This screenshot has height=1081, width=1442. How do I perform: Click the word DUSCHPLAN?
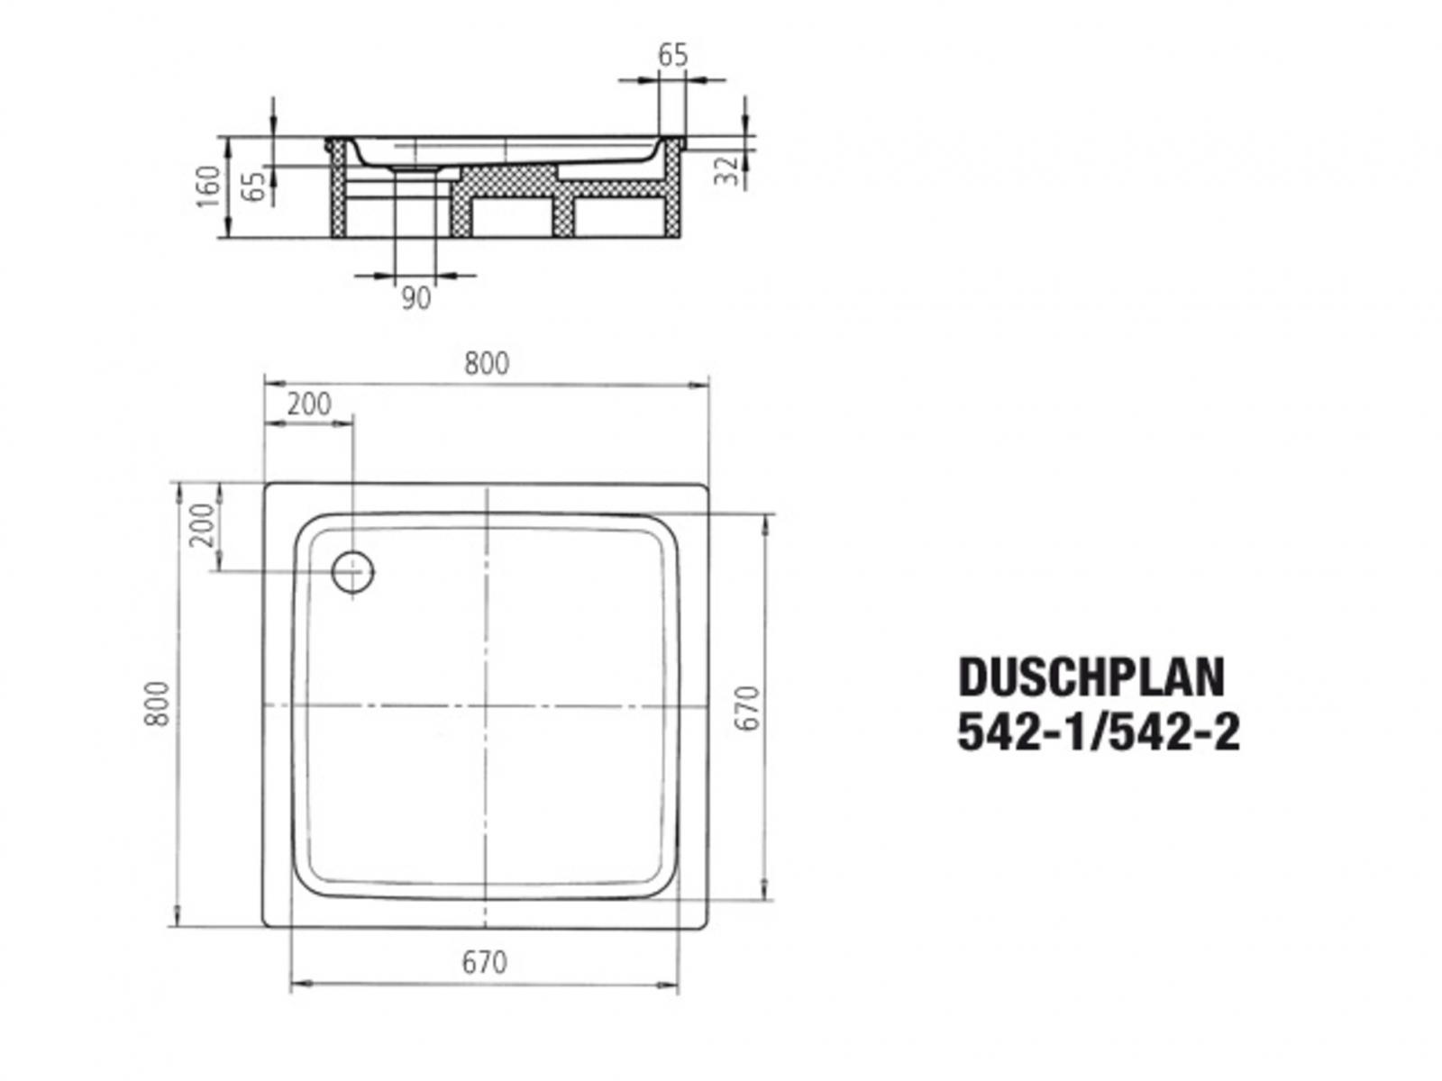pyautogui.click(x=1091, y=677)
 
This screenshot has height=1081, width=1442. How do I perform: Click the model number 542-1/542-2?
pyautogui.click(x=1098, y=732)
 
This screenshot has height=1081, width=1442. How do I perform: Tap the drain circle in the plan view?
pyautogui.click(x=351, y=571)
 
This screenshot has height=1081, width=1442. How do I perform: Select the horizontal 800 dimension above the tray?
pyautogui.click(x=487, y=363)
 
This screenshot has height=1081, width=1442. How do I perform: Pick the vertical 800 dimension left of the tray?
pyautogui.click(x=158, y=704)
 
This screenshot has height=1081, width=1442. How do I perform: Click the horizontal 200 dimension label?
pyautogui.click(x=308, y=404)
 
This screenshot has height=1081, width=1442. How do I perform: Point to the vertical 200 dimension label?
pyautogui.click(x=204, y=525)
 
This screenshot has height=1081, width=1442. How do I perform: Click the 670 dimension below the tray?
pyautogui.click(x=485, y=963)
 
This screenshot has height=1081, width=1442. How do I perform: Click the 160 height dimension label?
pyautogui.click(x=208, y=186)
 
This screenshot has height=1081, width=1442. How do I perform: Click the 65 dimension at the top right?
pyautogui.click(x=672, y=55)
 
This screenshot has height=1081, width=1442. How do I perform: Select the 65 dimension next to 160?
pyautogui.click(x=256, y=186)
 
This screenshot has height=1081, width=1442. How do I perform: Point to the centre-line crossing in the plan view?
pyautogui.click(x=486, y=704)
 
